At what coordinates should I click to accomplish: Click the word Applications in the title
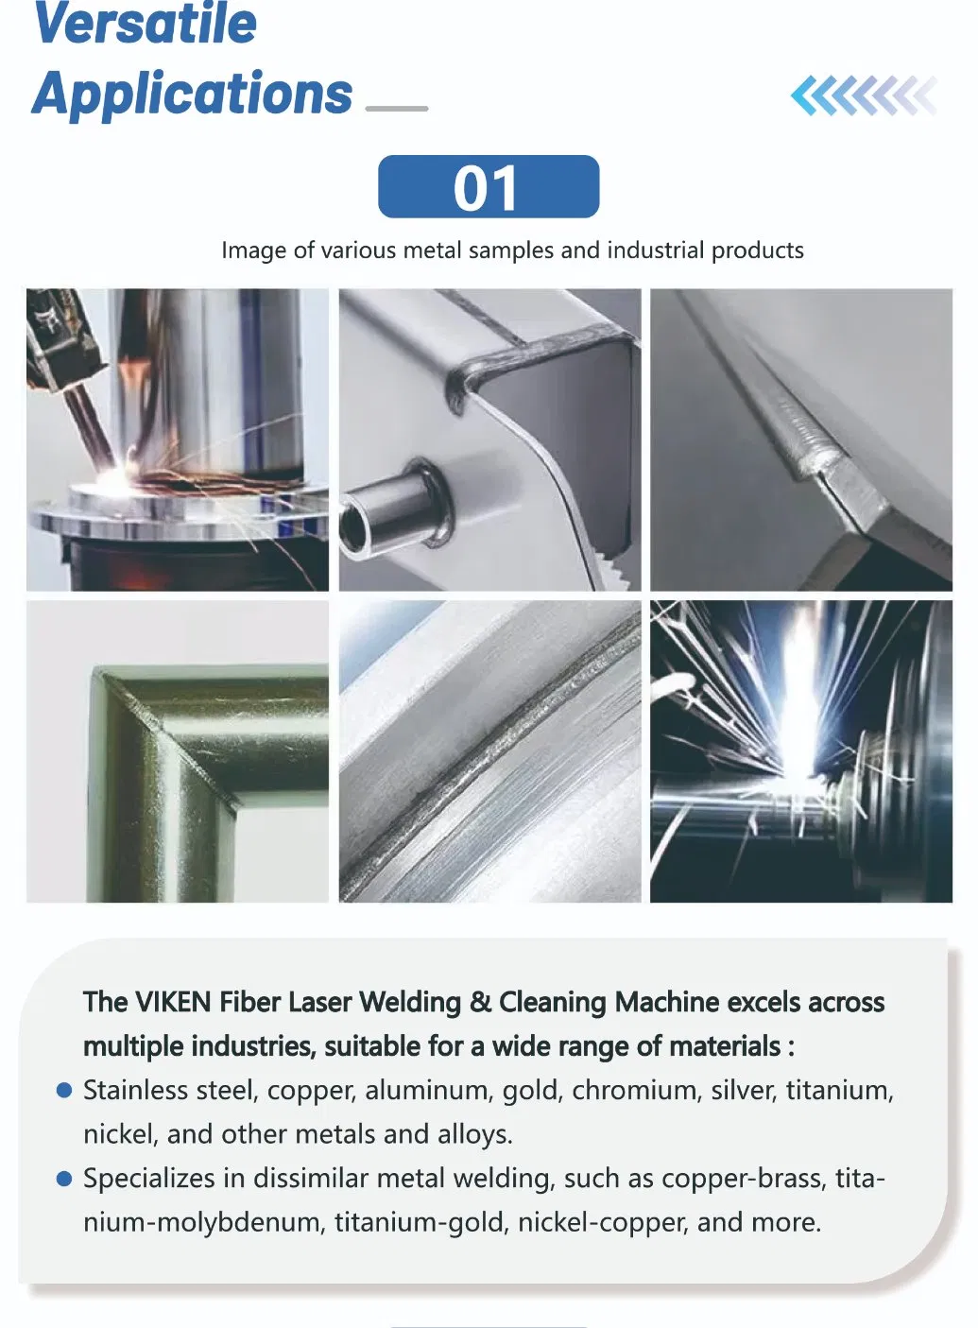coord(193,94)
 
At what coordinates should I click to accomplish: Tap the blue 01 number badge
coord(488,187)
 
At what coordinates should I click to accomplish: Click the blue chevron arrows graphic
coord(863,95)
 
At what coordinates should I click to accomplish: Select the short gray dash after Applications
coord(397,109)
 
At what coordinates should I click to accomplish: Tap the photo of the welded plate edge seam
coord(800,440)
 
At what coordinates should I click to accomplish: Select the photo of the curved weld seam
coord(489,751)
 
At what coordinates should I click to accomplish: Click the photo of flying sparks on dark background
coord(800,751)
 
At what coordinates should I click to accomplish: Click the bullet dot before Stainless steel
coord(64,1091)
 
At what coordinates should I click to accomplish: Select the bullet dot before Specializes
coord(64,1179)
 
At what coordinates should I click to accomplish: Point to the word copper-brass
coord(742,1179)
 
